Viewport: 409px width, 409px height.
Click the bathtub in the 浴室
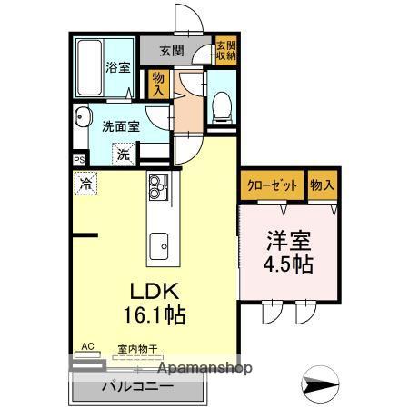(89, 67)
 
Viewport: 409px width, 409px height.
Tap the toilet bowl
(222, 107)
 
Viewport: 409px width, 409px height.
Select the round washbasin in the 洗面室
(83, 116)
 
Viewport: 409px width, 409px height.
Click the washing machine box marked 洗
(124, 155)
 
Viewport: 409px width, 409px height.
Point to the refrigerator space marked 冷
(86, 184)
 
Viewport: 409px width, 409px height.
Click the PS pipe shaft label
(79, 160)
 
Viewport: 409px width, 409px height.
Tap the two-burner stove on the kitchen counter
(158, 186)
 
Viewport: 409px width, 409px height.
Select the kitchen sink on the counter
(159, 246)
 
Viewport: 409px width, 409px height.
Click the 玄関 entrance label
(172, 51)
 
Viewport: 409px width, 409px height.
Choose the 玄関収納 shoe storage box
(226, 51)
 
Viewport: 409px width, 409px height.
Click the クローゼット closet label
(272, 185)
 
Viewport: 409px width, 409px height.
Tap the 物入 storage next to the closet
(323, 185)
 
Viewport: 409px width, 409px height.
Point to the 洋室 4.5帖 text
(288, 252)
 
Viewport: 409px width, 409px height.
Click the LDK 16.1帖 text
(155, 304)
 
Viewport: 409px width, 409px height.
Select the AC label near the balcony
(87, 346)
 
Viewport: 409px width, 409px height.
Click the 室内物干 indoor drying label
(137, 349)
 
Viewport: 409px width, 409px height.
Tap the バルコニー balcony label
(137, 386)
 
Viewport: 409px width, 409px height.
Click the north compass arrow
(321, 384)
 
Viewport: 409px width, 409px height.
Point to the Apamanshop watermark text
(204, 368)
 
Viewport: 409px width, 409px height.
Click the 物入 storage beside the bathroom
(158, 85)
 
